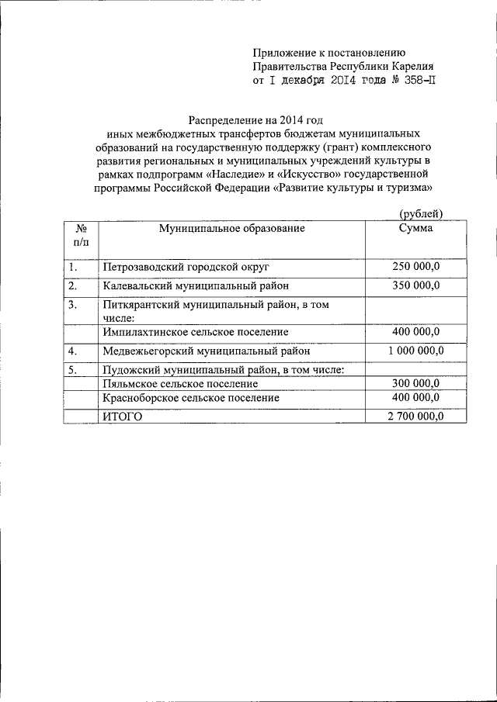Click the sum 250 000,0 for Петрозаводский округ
pos(416,266)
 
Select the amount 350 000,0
pos(416,285)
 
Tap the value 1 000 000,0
pos(416,351)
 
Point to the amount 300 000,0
pos(416,384)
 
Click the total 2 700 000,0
pos(416,417)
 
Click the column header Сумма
pos(416,228)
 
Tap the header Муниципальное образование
pos(232,228)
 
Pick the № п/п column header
pos(81,235)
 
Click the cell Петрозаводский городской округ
pos(186,266)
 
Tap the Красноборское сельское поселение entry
pos(190,397)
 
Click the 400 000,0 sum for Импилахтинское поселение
pos(416,332)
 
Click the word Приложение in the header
pos(284,52)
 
